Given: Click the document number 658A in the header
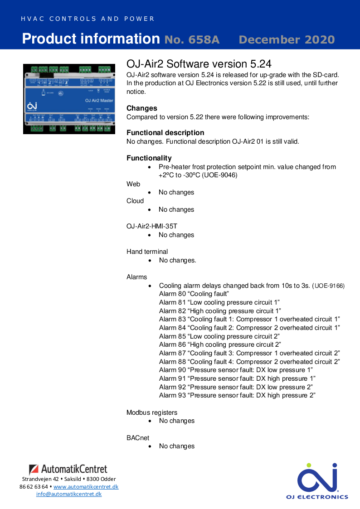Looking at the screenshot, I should pos(192,40).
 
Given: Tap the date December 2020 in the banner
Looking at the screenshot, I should pos(287,40).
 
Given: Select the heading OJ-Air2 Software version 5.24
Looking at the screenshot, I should pos(199,63).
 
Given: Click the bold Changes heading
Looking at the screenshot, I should pos(142,108).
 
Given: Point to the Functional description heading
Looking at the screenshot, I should pos(165,133).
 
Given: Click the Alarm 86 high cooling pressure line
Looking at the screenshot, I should pos(220,344).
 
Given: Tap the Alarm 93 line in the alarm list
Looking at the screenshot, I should pos(237,395).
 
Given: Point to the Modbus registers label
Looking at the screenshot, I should pos(152,412).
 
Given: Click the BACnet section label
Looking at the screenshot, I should pos(138,438).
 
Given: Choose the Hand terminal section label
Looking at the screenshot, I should pos(147,252).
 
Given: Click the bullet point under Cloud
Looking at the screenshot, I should pos(150,210).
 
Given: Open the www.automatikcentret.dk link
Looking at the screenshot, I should pos(86,487).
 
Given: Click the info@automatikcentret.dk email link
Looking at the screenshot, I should pos(69,494).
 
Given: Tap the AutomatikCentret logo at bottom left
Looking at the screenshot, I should pos(68,469).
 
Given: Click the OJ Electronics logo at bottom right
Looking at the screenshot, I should pos(317,481).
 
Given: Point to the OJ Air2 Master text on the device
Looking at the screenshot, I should pos(99,100).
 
